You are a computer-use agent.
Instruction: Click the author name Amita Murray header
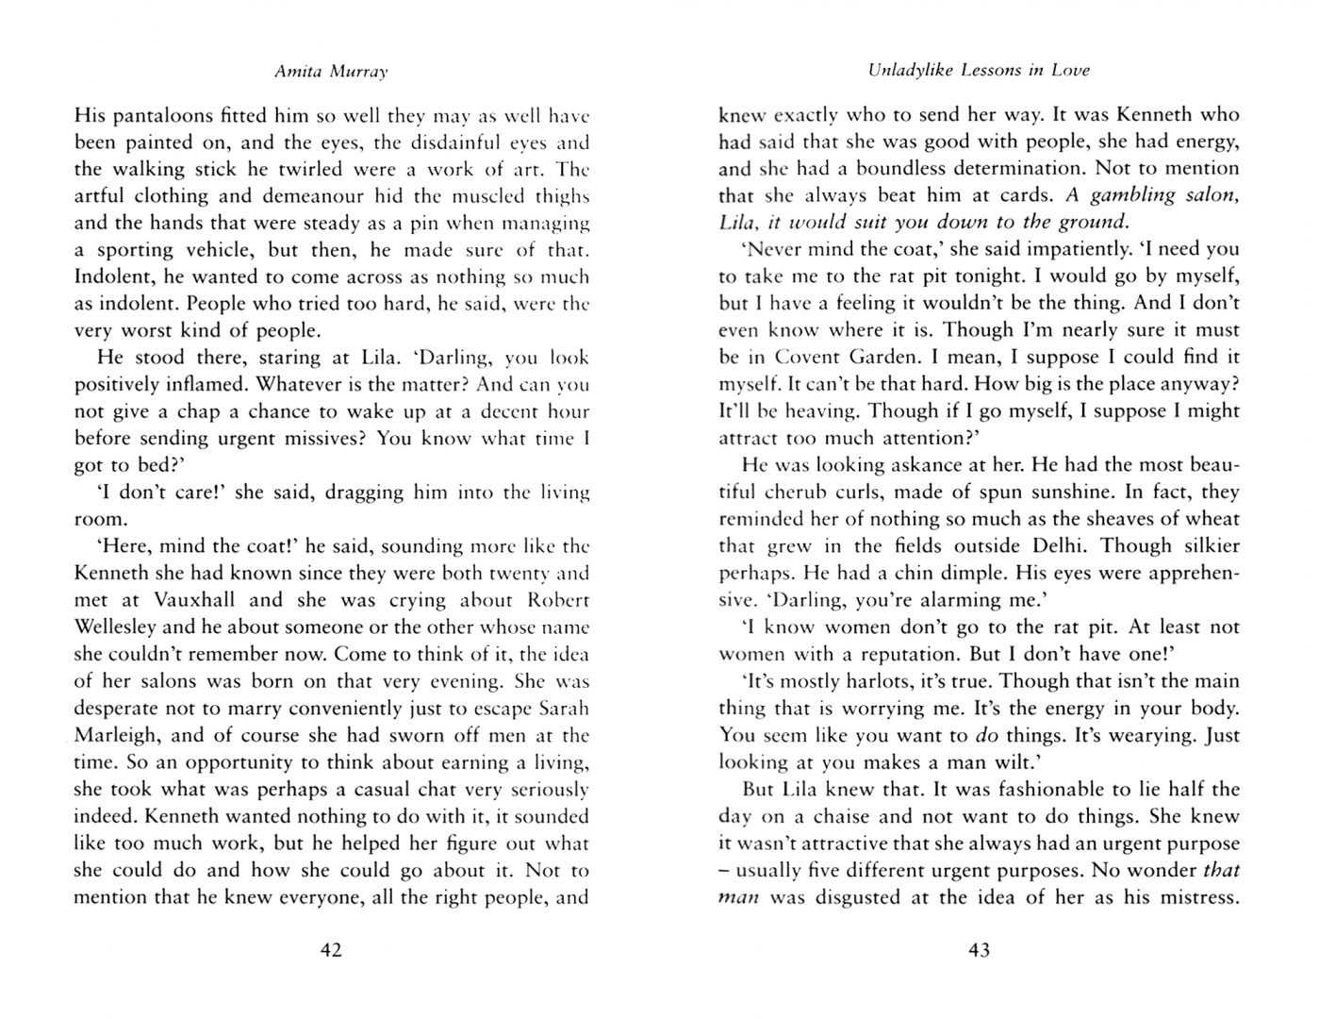[330, 71]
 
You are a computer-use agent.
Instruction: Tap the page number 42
[330, 950]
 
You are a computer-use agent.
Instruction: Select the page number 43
[979, 950]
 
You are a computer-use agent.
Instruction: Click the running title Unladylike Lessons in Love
[979, 70]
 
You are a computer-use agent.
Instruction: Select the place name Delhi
[1049, 546]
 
